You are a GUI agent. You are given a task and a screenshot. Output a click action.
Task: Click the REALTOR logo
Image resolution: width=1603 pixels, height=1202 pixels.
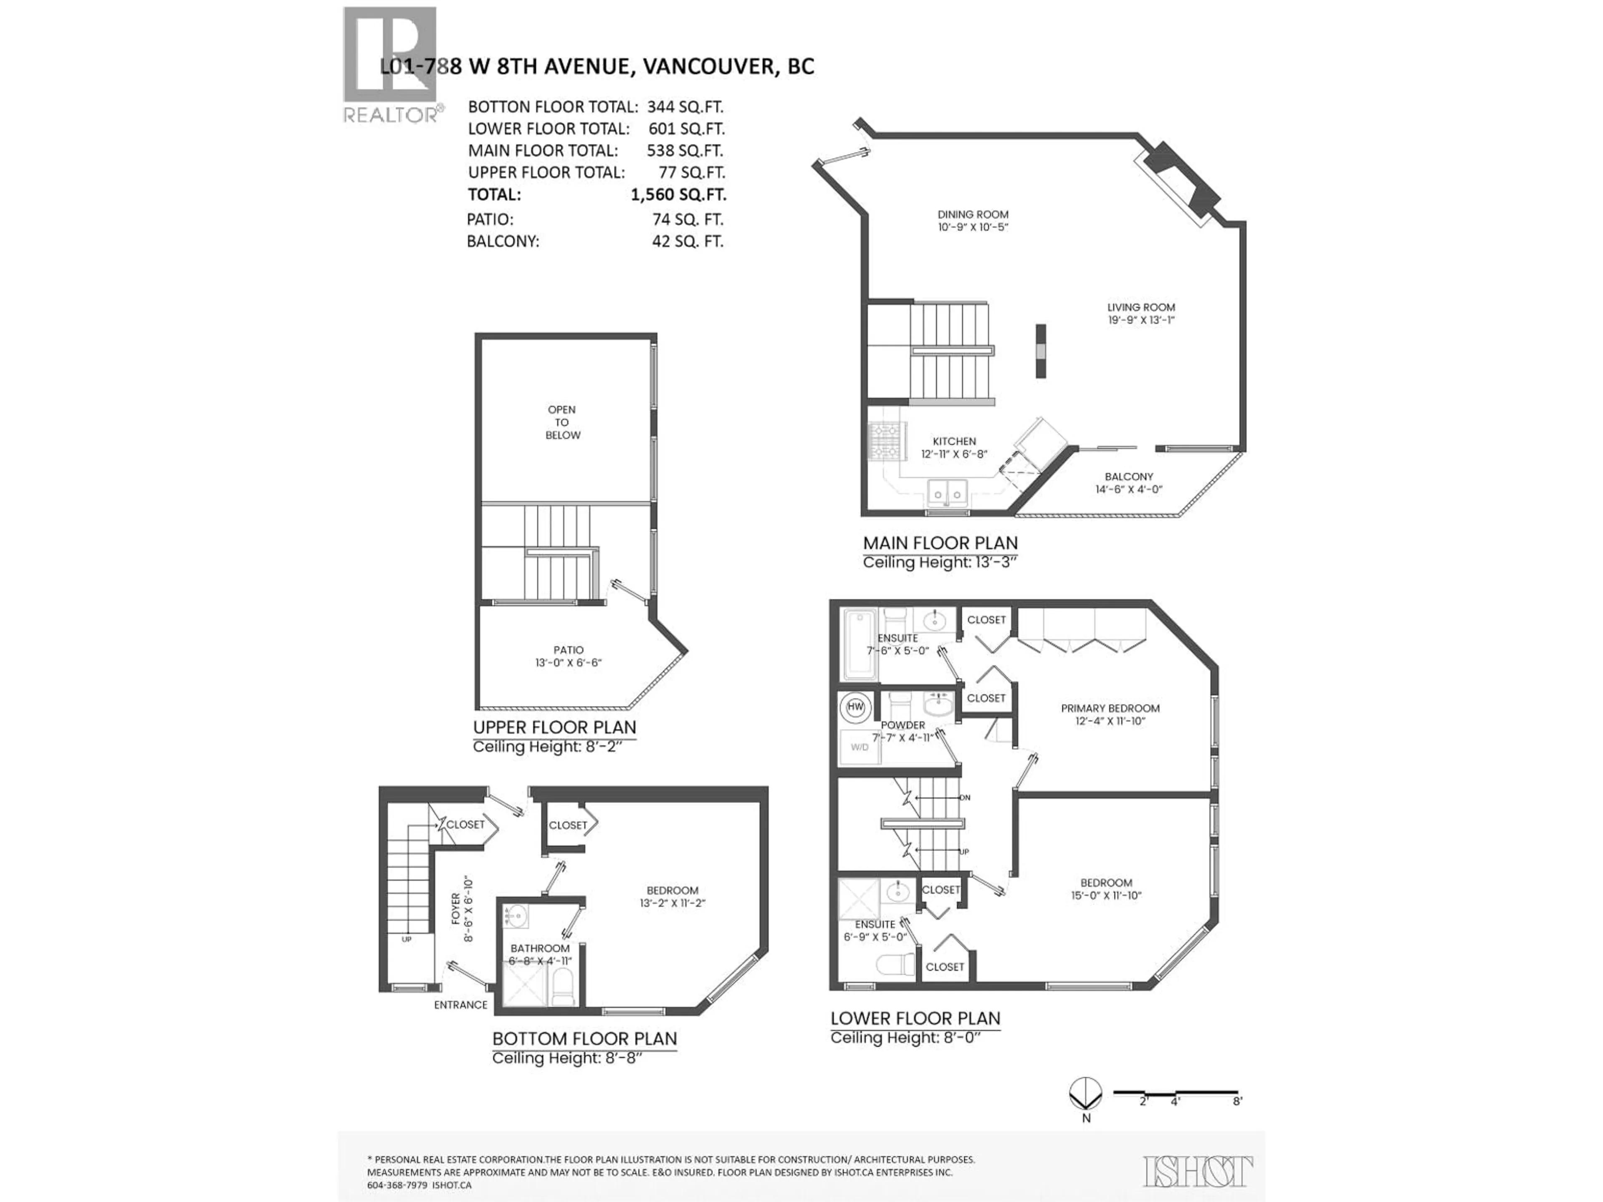click(390, 65)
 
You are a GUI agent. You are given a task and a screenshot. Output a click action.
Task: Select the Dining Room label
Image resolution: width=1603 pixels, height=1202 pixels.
click(973, 215)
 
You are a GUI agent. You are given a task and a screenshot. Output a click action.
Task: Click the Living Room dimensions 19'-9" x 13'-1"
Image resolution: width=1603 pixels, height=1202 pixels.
click(1140, 320)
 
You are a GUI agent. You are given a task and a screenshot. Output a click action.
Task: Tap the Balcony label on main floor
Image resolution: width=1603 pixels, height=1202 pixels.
click(1128, 477)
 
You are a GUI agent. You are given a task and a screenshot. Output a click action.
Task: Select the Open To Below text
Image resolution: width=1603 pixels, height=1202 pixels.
click(562, 422)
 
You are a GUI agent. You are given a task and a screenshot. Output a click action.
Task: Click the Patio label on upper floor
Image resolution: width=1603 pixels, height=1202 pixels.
click(568, 650)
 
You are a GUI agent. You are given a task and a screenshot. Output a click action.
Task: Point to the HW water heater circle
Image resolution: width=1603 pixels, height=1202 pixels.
click(856, 707)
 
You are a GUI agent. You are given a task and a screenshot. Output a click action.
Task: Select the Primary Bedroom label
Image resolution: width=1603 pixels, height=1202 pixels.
click(1110, 708)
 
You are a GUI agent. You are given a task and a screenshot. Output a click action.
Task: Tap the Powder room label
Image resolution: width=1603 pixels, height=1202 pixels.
click(903, 725)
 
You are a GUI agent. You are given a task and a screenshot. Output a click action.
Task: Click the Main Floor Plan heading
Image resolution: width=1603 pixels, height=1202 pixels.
click(940, 543)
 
